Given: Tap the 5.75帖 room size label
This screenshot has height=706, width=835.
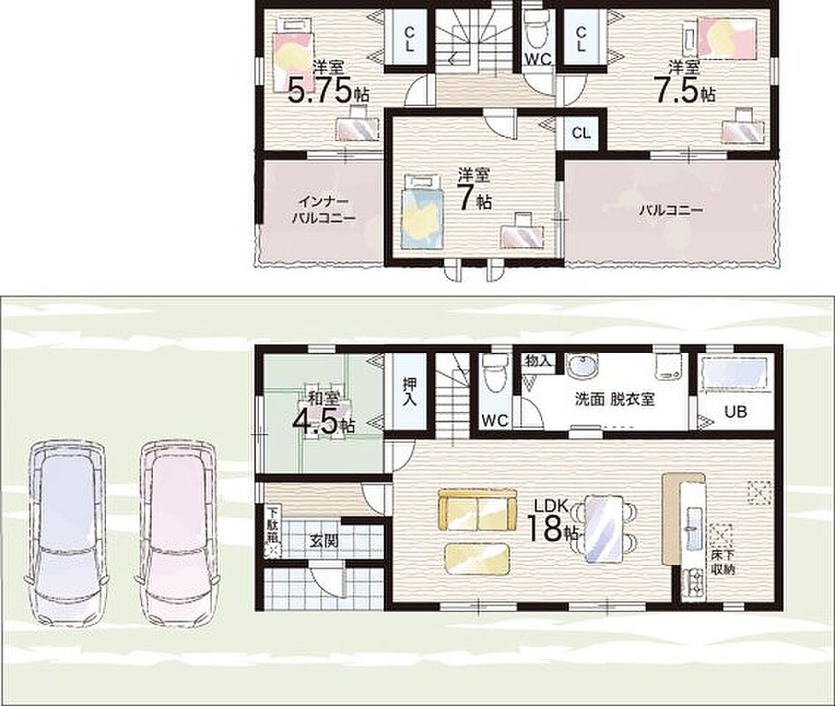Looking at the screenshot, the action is [328, 90].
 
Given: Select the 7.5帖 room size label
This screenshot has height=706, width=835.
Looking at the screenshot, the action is [684, 90].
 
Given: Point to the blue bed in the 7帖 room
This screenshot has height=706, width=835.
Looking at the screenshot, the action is [422, 212].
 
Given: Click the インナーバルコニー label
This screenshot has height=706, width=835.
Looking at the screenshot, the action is [324, 210].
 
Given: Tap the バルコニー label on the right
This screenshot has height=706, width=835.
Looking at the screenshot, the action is [672, 209].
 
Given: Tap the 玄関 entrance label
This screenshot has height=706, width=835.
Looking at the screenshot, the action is [324, 542].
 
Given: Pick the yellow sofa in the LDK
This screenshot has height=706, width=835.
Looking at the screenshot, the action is [478, 509].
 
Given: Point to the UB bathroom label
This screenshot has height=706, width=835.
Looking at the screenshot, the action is [735, 411].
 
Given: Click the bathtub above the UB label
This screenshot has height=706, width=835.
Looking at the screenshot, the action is [737, 374].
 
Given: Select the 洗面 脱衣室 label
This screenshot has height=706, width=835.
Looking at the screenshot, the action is [614, 399].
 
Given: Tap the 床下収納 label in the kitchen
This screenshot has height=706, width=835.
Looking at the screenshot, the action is [723, 562].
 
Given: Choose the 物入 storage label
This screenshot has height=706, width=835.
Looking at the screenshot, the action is [538, 361].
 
